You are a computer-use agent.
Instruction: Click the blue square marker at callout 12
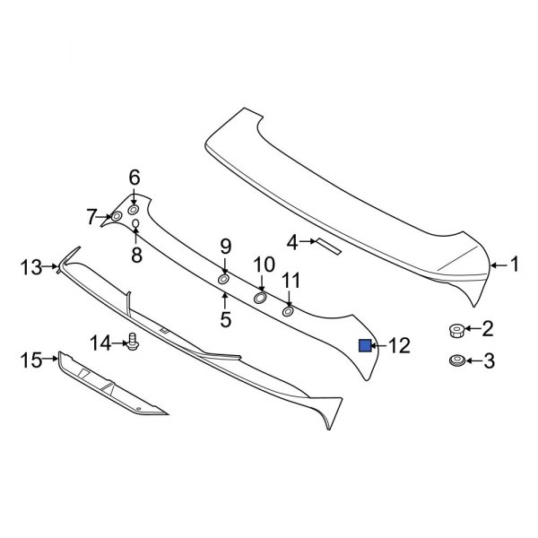(366, 345)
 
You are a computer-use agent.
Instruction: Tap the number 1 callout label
(514, 264)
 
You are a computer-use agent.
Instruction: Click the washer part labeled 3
(456, 361)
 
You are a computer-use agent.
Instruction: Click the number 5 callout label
(225, 318)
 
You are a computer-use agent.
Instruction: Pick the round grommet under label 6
(134, 209)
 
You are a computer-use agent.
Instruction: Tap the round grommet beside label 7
(117, 216)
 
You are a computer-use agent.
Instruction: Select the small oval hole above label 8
(135, 223)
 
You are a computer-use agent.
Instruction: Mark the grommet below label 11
(289, 311)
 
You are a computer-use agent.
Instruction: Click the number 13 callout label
(31, 266)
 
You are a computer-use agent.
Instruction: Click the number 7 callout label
(91, 216)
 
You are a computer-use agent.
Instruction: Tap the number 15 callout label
(31, 360)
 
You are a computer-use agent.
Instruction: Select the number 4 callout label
(291, 241)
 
